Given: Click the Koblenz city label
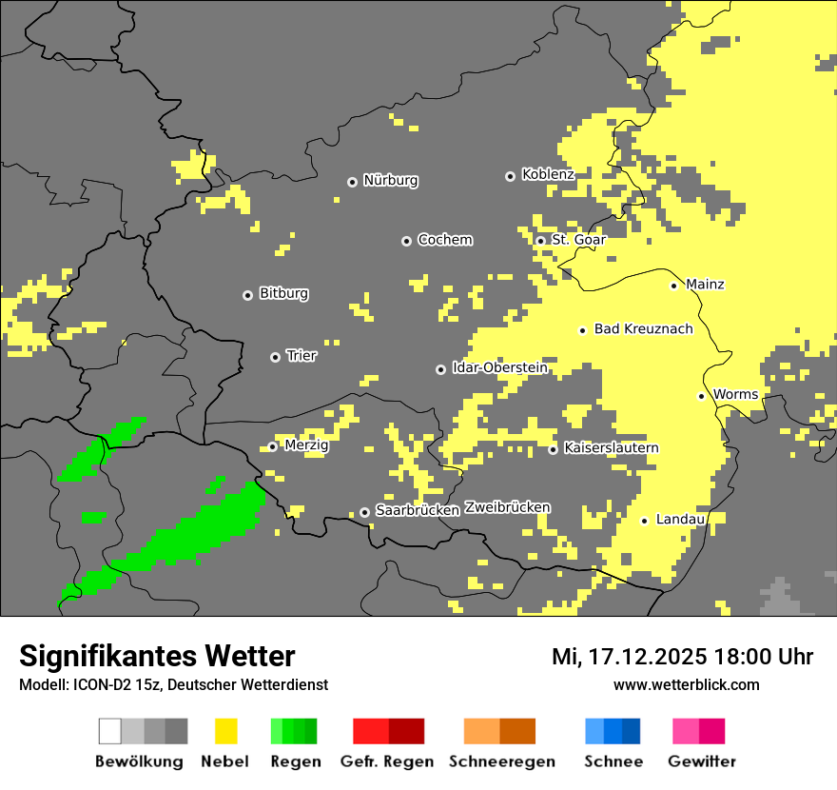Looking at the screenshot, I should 548,174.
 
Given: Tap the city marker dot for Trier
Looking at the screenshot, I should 275,357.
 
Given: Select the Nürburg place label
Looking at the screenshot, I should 391,180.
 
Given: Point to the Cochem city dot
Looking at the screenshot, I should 406,241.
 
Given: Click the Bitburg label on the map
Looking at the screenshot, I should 283,293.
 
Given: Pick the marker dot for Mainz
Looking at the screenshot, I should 673,286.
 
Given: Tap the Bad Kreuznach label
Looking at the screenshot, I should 643,328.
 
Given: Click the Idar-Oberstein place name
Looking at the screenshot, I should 500,367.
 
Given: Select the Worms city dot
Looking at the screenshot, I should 701,396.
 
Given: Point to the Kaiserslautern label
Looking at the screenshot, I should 611,447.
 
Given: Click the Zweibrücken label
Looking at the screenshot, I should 507,507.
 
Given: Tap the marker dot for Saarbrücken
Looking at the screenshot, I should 364,512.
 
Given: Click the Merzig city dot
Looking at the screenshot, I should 272,446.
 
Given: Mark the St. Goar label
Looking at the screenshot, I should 578,240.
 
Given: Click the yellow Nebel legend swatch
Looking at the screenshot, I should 225,731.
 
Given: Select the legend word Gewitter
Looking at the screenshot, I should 701,761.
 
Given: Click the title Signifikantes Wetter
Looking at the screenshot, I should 157,656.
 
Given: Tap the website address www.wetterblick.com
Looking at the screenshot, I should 686,684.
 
